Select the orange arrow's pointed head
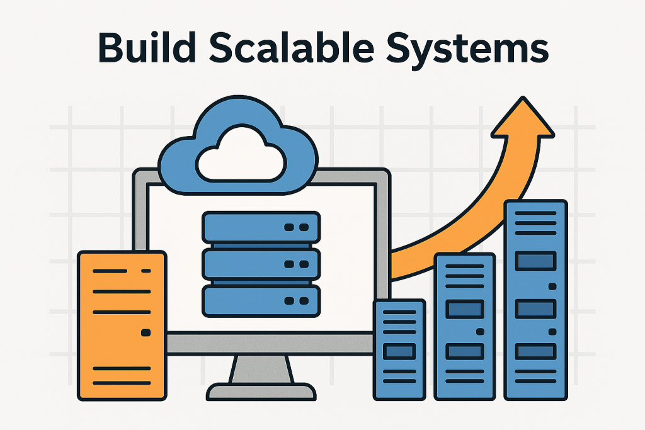(522, 120)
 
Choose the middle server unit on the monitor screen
(261, 264)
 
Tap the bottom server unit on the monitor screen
(261, 301)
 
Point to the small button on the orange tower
(147, 331)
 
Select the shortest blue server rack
(399, 349)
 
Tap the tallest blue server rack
(535, 300)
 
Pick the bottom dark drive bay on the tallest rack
(535, 351)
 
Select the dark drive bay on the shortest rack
(399, 351)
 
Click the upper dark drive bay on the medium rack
(464, 309)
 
